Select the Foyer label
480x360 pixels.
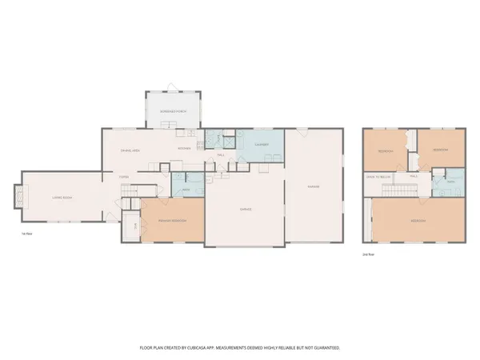tap(124, 177)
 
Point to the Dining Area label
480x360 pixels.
tap(130, 150)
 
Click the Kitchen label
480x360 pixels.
tap(183, 149)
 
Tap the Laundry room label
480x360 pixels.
tap(262, 145)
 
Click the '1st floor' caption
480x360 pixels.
tap(26, 234)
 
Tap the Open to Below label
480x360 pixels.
tap(378, 176)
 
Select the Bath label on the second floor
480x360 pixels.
tap(449, 183)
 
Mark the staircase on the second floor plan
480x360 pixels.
tap(401, 190)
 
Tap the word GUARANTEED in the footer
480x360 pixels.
tap(323, 348)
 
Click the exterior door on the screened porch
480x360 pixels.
tap(167, 86)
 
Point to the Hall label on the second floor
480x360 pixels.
tap(414, 176)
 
